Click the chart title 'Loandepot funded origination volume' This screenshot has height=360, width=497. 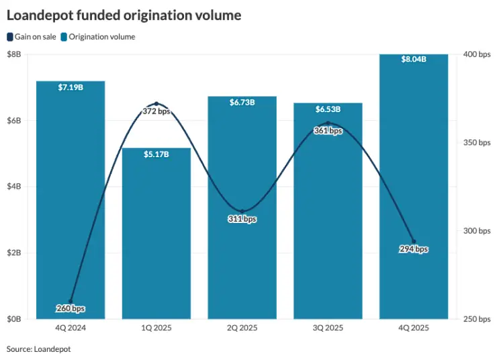tap(124, 15)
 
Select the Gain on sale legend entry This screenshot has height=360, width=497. tap(31, 37)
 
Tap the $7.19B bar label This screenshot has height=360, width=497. tap(71, 88)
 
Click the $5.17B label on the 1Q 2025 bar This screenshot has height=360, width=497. tap(156, 154)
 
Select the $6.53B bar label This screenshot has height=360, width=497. tap(328, 109)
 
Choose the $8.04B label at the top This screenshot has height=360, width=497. tap(414, 60)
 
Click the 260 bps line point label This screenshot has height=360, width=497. tap(71, 309)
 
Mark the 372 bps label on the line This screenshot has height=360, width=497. tap(156, 111)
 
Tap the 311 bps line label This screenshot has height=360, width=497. tap(242, 219)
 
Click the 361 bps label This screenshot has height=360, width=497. tap(328, 131)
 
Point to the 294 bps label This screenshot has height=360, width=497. tap(414, 249)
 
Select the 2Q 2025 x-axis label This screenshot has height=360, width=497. tap(242, 328)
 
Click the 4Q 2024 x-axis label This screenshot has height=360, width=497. tap(71, 328)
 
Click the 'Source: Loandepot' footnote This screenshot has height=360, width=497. tap(38, 349)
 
